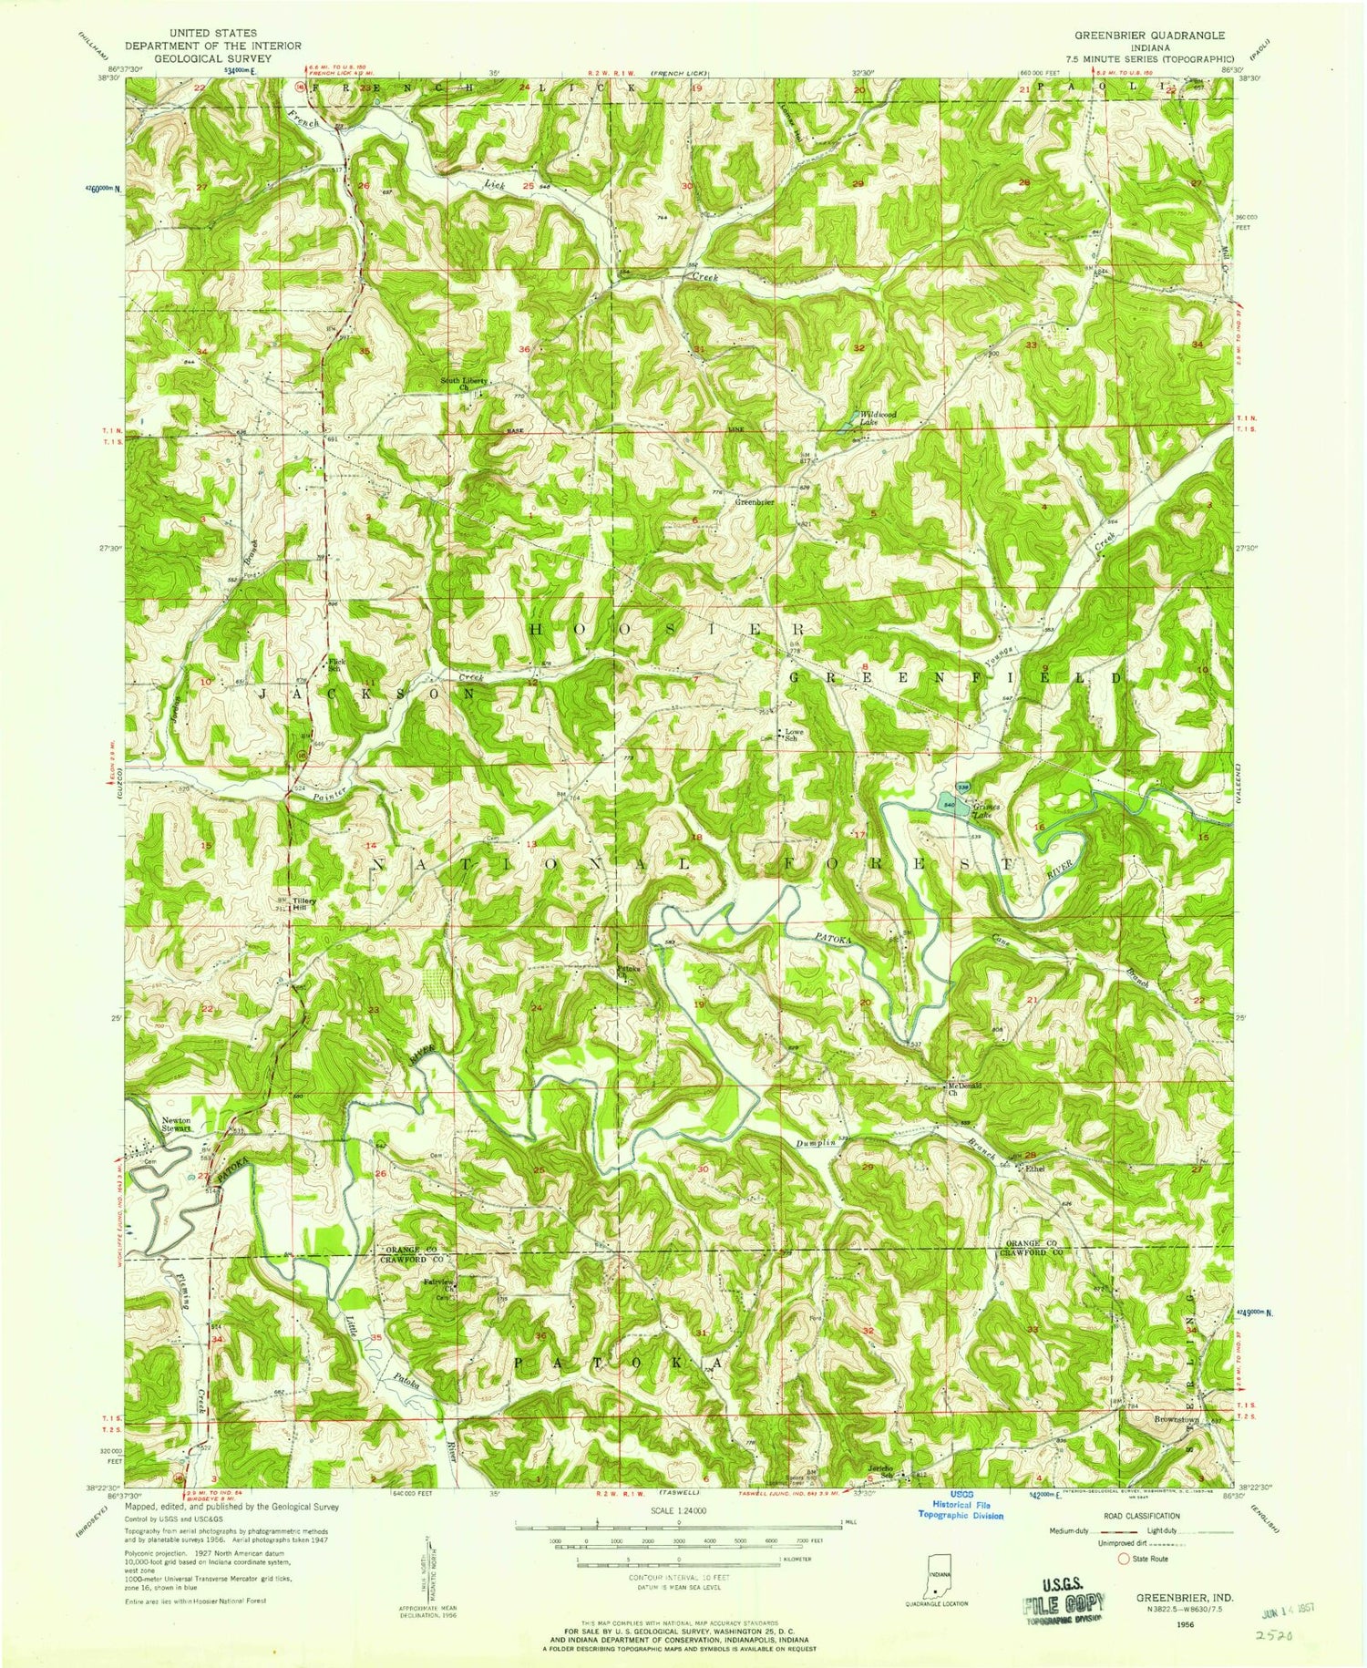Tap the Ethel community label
pos(1033,1168)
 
